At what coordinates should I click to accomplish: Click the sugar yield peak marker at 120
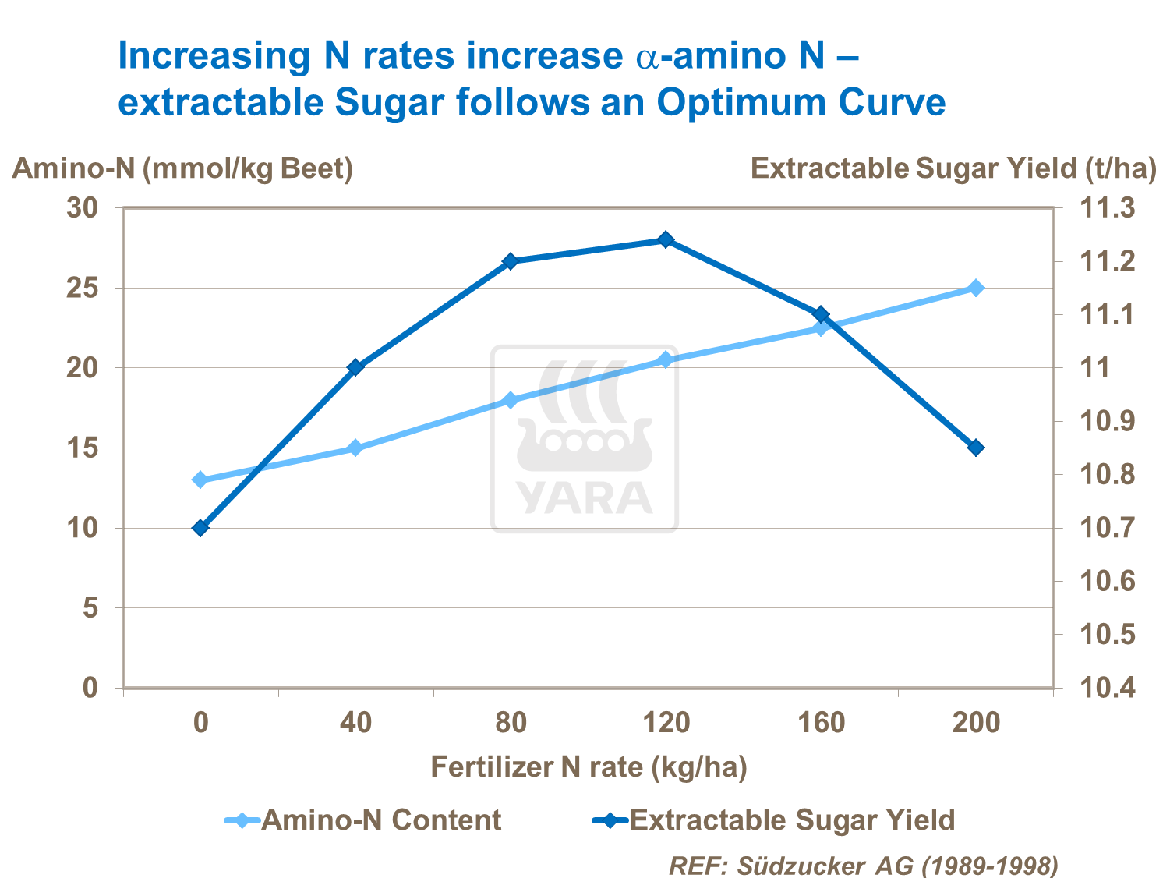click(x=666, y=239)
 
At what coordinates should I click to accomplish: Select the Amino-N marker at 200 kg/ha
click(x=975, y=288)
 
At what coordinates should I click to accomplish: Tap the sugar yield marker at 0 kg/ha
click(x=200, y=528)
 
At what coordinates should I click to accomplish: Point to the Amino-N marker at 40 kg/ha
click(x=355, y=448)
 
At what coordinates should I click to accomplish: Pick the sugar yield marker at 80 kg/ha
click(x=511, y=261)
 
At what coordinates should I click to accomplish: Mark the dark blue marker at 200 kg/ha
click(x=975, y=448)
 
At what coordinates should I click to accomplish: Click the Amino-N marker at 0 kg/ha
click(x=200, y=480)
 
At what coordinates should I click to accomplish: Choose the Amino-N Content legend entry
click(x=364, y=820)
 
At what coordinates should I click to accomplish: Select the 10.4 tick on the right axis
click(x=1106, y=688)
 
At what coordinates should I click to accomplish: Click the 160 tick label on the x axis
click(x=821, y=722)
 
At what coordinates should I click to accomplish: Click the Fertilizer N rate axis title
click(x=589, y=767)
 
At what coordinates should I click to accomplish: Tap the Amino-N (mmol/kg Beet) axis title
click(x=182, y=168)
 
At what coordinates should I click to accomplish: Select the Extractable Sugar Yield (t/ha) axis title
click(x=953, y=168)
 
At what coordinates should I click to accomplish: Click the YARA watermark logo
click(x=584, y=439)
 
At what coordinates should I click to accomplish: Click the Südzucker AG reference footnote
click(x=864, y=865)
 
